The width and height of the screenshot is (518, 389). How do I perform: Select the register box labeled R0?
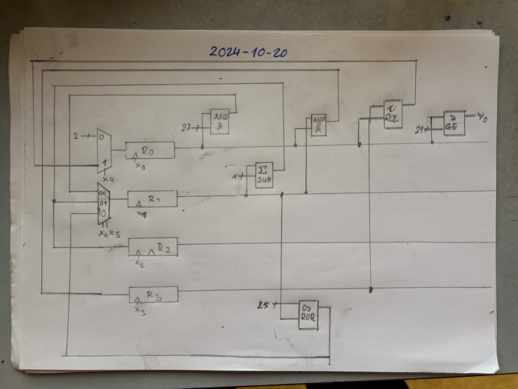pyautogui.click(x=150, y=150)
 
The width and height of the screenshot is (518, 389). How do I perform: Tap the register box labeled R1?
pyautogui.click(x=152, y=199)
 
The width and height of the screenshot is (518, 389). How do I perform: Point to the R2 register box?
pyautogui.click(x=153, y=247)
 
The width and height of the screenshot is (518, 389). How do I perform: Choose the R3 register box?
pyautogui.click(x=153, y=294)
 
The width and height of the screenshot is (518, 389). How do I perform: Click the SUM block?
pyautogui.click(x=263, y=175)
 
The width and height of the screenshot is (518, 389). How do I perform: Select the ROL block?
pyautogui.click(x=392, y=114)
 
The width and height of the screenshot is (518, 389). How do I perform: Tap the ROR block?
pyautogui.click(x=308, y=314)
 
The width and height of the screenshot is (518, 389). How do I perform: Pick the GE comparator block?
pyautogui.click(x=454, y=123)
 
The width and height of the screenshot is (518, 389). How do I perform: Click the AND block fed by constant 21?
pyautogui.click(x=219, y=121)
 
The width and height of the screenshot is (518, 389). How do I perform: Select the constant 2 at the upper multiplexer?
pyautogui.click(x=76, y=136)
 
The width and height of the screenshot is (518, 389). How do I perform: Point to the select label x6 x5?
pyautogui.click(x=109, y=233)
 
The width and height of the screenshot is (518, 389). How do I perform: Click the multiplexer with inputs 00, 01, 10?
pyautogui.click(x=103, y=203)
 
